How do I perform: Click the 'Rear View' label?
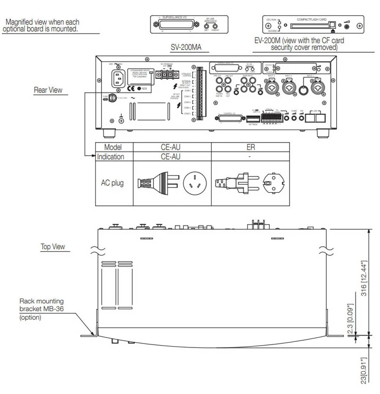click(48, 90)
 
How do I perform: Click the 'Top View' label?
click(52, 247)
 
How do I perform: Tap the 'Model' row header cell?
click(114, 148)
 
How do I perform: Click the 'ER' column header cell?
click(250, 148)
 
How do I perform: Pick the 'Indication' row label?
click(111, 157)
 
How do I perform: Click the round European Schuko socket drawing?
click(274, 182)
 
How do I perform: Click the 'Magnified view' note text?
click(41, 26)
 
